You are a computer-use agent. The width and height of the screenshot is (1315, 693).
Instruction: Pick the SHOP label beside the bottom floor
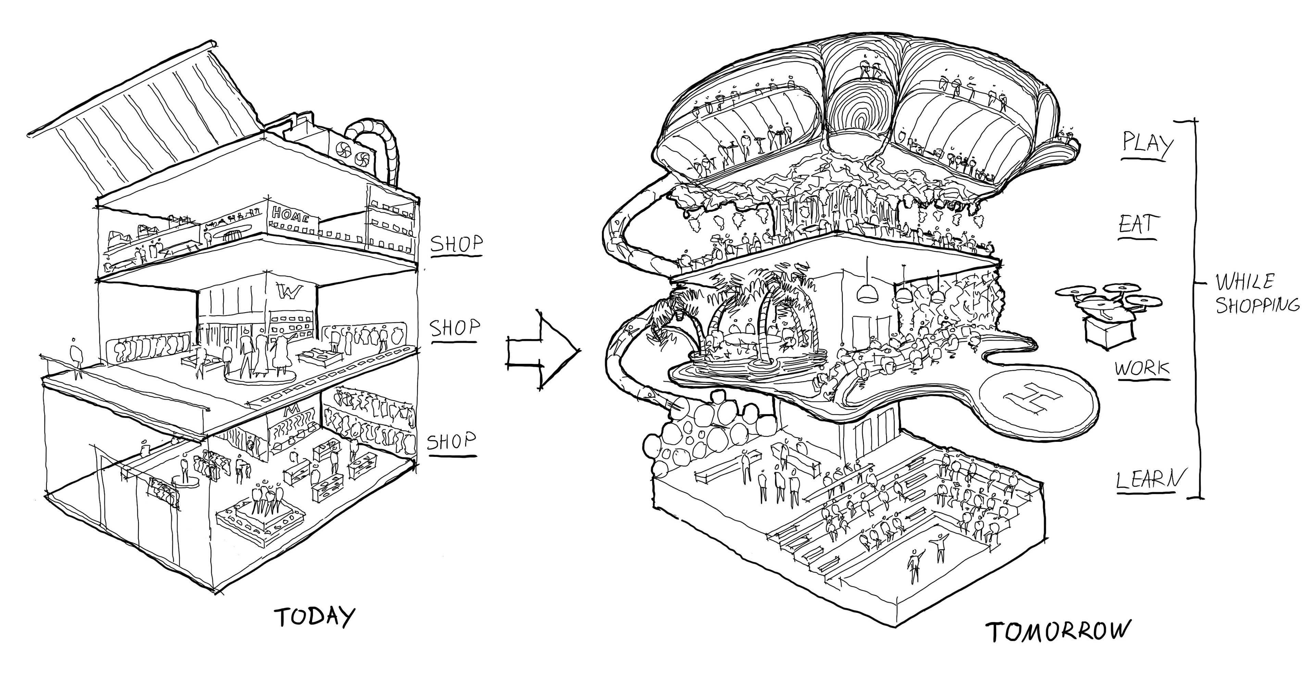(451, 441)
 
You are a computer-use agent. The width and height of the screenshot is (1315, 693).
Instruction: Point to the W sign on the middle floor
(291, 293)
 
